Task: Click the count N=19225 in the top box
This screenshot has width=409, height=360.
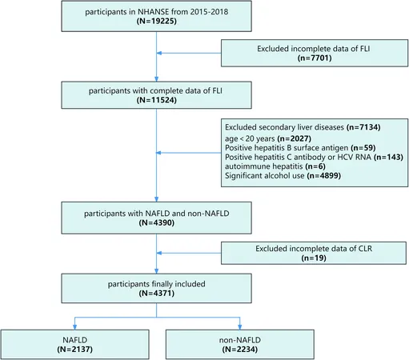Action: pyautogui.click(x=157, y=21)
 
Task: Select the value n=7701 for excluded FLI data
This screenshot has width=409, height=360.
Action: pyautogui.click(x=315, y=58)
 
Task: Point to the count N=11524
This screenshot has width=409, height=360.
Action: pyautogui.click(x=157, y=100)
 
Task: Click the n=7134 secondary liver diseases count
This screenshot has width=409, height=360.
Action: pyautogui.click(x=363, y=127)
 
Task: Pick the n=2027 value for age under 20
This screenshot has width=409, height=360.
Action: pyautogui.click(x=295, y=138)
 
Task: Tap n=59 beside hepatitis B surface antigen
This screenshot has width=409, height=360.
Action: pyautogui.click(x=363, y=148)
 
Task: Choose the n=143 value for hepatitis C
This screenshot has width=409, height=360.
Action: pyautogui.click(x=388, y=157)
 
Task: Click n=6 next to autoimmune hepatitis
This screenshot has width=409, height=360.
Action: pyautogui.click(x=315, y=166)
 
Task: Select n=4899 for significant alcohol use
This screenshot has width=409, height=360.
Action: pyautogui.click(x=324, y=176)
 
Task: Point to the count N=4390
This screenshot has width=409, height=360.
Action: pyautogui.click(x=157, y=222)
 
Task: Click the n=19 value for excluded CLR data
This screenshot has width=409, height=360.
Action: pyautogui.click(x=314, y=258)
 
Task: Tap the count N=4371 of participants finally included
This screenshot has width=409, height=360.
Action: pyautogui.click(x=157, y=294)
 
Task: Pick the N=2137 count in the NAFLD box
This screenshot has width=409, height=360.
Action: pyautogui.click(x=75, y=350)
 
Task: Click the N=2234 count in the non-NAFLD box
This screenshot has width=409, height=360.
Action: pyautogui.click(x=240, y=350)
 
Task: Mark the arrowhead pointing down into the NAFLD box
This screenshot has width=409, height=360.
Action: pyautogui.click(x=75, y=327)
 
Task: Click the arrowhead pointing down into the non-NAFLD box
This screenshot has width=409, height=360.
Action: pyautogui.click(x=240, y=327)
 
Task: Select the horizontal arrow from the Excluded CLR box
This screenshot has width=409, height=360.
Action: pyautogui.click(x=189, y=253)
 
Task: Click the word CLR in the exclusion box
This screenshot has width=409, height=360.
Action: pyautogui.click(x=365, y=249)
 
